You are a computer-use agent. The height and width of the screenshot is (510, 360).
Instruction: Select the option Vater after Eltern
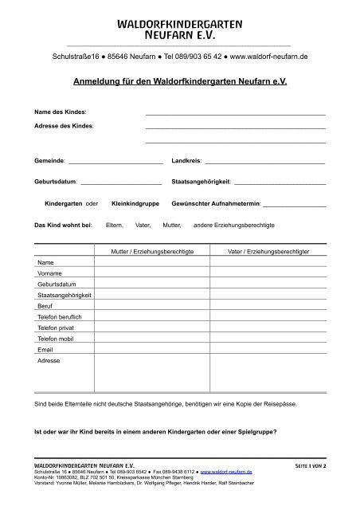143,226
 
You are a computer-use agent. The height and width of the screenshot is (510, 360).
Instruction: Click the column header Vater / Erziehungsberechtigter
268,252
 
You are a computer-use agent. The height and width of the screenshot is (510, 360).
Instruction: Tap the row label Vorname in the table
50,273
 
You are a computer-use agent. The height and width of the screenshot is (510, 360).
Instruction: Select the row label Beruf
45,306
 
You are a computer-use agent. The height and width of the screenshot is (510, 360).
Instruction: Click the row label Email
45,350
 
